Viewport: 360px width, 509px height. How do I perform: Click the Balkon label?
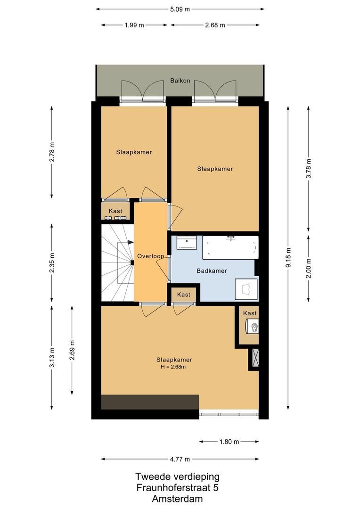point(180,81)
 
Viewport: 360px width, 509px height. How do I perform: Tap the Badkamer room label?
point(212,271)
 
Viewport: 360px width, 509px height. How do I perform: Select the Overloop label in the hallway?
point(151,256)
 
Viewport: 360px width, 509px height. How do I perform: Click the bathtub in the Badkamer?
point(230,247)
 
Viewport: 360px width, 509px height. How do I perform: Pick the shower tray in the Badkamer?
point(246,289)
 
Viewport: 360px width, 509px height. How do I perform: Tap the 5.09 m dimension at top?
point(180,9)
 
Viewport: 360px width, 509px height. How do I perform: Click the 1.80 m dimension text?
point(229,442)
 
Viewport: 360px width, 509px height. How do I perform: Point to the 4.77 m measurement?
point(180,459)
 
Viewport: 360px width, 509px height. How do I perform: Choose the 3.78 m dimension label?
point(308,168)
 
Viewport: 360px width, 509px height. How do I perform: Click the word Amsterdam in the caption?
point(177,499)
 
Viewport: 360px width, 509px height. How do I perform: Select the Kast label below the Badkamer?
point(184,295)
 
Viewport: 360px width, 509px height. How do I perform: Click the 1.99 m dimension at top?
point(134,25)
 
